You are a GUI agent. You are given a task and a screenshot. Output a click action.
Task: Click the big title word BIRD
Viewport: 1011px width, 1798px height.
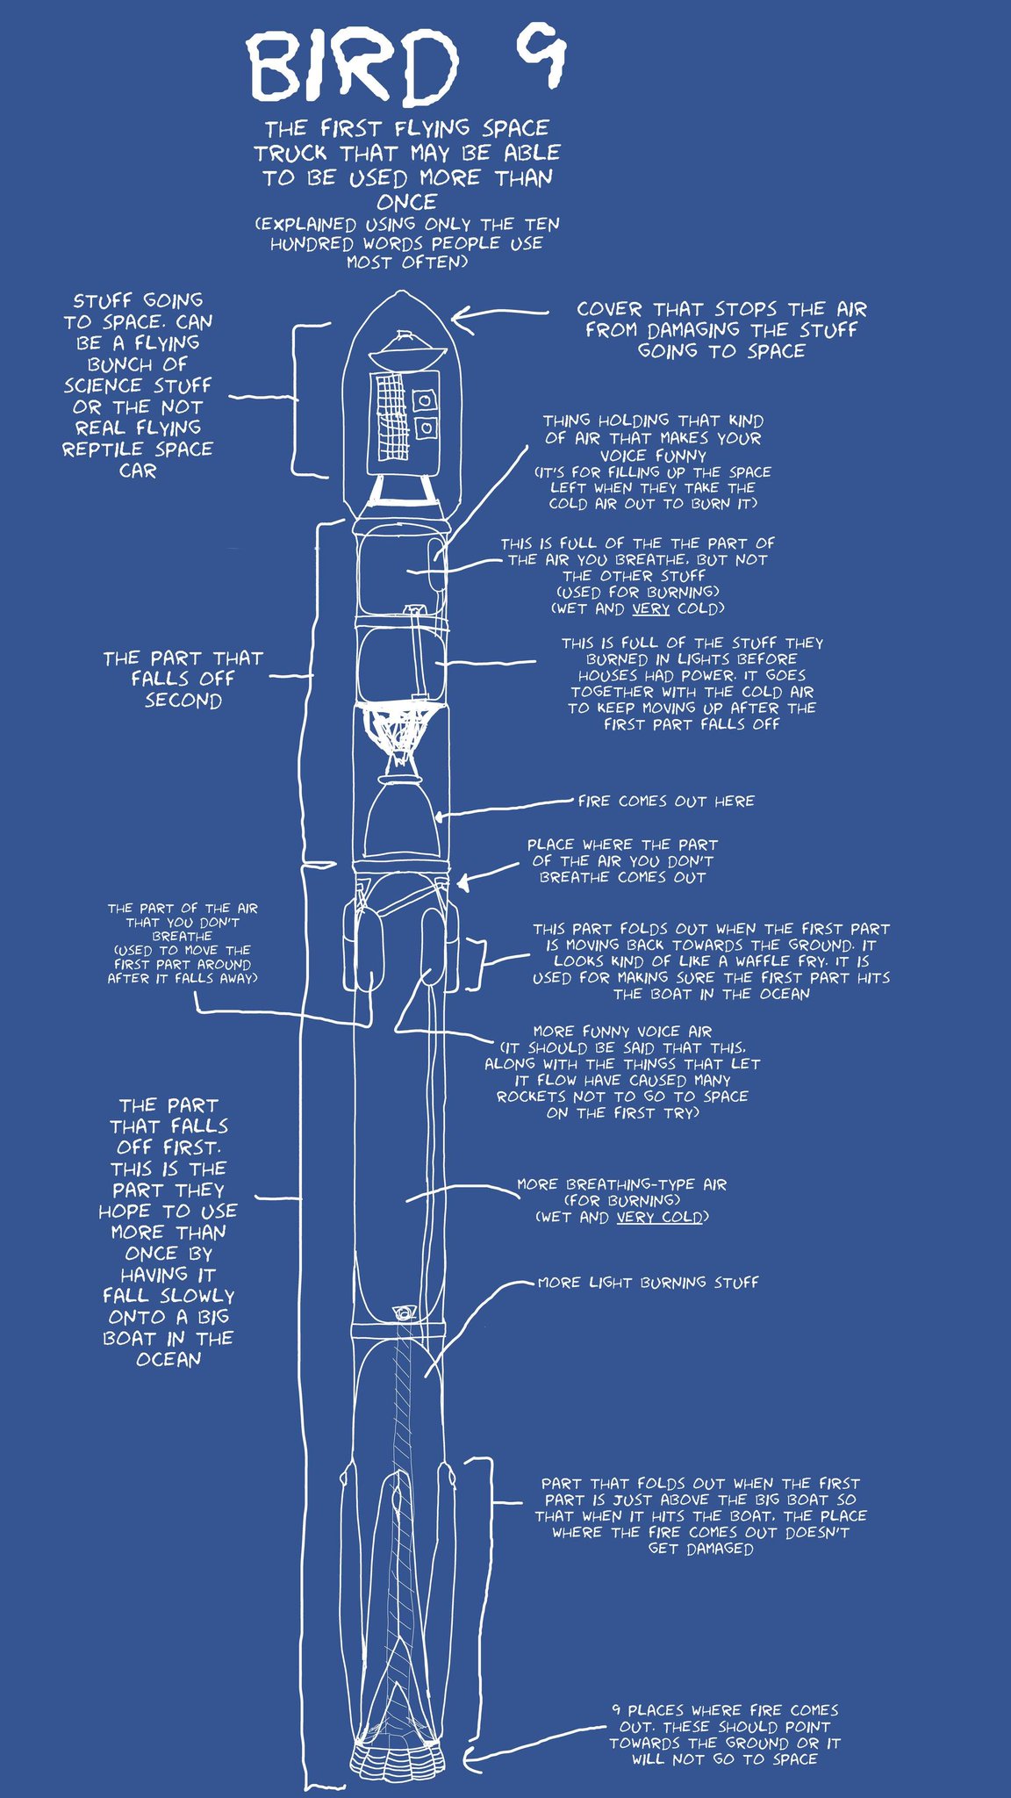click(x=351, y=66)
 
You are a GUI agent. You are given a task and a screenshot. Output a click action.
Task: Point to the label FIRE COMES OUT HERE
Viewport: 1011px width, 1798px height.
click(x=666, y=801)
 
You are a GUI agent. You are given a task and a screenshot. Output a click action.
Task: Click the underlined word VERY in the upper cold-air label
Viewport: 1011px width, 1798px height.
click(x=650, y=608)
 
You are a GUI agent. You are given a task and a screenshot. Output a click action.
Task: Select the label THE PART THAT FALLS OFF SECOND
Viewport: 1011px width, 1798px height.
click(x=183, y=679)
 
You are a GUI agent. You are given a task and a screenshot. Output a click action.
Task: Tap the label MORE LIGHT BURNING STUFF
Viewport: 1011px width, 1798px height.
click(x=648, y=1283)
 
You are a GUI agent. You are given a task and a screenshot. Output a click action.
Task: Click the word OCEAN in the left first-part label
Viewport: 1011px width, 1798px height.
click(x=168, y=1359)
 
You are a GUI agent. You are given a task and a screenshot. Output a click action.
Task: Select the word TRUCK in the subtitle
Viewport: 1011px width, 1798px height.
click(x=290, y=154)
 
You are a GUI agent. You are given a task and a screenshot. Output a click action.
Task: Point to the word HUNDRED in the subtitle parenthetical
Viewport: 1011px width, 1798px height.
click(x=310, y=244)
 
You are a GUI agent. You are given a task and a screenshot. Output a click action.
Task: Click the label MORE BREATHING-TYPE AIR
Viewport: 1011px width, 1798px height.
click(x=621, y=1184)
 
